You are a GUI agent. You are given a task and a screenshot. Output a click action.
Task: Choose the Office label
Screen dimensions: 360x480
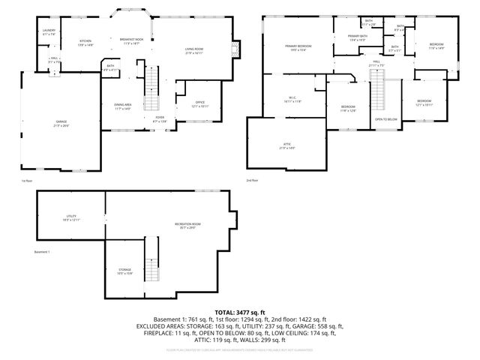click(199, 103)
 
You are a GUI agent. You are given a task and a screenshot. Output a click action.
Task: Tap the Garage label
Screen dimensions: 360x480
click(60, 123)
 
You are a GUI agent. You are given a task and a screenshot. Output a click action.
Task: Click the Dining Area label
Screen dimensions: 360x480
click(123, 106)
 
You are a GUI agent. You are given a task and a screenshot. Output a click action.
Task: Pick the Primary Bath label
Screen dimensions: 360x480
click(358, 37)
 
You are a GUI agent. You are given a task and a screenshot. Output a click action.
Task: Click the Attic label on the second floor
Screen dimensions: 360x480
click(286, 145)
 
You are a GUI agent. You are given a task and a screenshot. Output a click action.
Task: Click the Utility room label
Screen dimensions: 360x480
click(70, 218)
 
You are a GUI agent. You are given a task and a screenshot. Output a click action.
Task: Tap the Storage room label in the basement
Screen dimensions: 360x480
click(124, 271)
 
